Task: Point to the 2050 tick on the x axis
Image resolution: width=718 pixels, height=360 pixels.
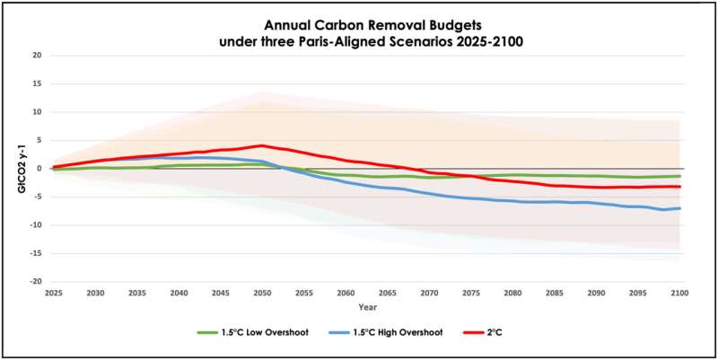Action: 261,293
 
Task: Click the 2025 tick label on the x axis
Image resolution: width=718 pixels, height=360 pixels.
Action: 53,293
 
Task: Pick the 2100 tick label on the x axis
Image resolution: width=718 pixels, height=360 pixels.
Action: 679,293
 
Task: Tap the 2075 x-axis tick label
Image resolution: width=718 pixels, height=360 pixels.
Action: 470,293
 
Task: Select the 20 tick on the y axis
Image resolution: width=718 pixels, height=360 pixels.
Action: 38,56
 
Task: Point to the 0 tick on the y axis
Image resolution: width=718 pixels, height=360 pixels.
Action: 40,169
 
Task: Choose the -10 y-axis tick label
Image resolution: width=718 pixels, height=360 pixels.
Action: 36,225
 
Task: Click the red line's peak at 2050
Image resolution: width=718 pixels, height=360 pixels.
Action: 261,145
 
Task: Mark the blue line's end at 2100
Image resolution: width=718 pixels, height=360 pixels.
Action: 679,208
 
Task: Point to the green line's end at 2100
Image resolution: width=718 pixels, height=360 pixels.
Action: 679,176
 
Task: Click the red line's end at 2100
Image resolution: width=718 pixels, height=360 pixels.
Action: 679,187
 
